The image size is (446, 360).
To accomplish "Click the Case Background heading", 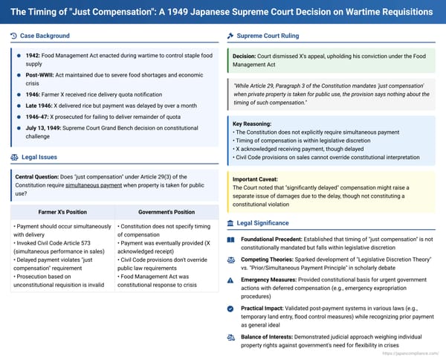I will pos(46,36).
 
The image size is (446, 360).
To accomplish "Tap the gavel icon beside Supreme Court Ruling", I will pos(230,36).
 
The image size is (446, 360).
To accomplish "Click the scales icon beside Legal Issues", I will pos(15,157).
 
